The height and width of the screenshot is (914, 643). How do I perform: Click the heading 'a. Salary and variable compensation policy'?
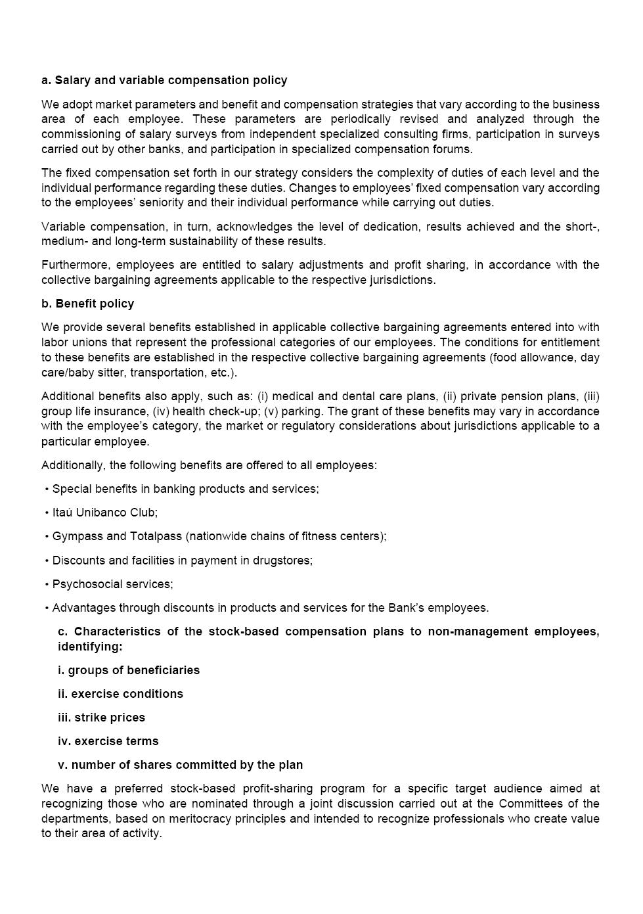click(164, 80)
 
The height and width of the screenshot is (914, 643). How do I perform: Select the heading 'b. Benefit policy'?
click(87, 304)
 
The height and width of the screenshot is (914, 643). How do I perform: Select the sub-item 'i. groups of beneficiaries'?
click(129, 670)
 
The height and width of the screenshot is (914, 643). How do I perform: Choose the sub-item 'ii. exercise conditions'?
click(120, 694)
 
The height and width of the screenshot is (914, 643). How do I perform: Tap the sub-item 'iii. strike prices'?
click(101, 718)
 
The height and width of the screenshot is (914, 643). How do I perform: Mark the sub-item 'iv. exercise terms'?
click(108, 741)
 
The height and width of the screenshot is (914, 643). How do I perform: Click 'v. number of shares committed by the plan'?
click(181, 765)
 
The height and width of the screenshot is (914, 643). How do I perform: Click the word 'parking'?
click(301, 411)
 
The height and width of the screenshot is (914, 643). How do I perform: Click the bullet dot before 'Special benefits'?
click(47, 490)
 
